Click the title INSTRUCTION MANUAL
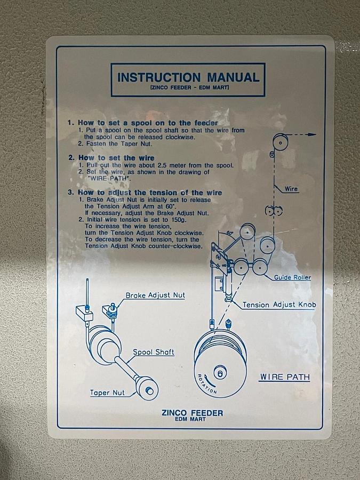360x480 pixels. click(x=188, y=77)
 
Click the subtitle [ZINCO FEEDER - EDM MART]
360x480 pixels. click(x=189, y=87)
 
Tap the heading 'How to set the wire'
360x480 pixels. click(x=116, y=158)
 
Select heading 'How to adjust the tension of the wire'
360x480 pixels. click(x=150, y=193)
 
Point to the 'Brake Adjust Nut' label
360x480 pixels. click(x=155, y=295)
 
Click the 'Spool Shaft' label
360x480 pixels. click(x=154, y=352)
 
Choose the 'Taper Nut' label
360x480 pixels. click(x=107, y=393)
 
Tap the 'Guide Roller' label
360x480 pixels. click(x=292, y=277)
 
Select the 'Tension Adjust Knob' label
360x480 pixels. click(x=279, y=305)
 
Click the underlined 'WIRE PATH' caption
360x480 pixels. click(x=285, y=377)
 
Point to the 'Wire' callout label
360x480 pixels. click(x=291, y=189)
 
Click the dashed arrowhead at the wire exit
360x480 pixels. click(x=312, y=134)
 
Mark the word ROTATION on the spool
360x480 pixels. click(x=207, y=383)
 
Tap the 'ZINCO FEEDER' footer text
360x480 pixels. click(x=192, y=413)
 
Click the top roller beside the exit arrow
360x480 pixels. click(x=281, y=142)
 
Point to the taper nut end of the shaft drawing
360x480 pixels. click(x=147, y=388)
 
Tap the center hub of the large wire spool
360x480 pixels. click(x=220, y=373)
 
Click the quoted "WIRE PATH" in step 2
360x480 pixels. click(x=109, y=179)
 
